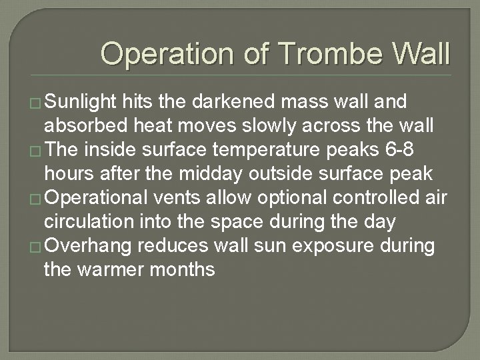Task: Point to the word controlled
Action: (x=373, y=199)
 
